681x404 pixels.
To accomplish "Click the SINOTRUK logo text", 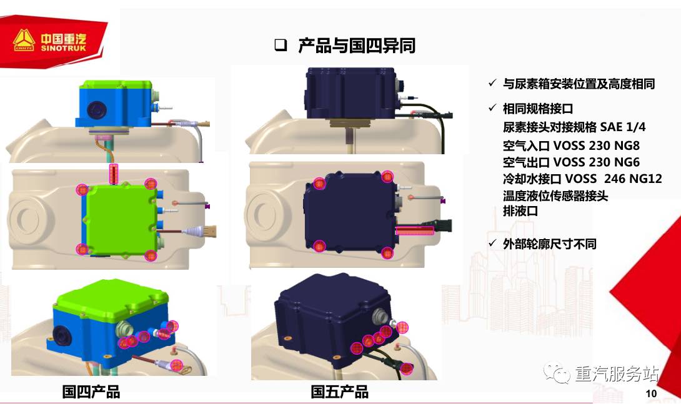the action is click(63, 48).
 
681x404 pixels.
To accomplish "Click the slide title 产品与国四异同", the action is click(357, 46).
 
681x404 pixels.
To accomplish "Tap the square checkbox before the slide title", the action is click(281, 45).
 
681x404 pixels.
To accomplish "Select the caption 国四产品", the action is click(91, 392).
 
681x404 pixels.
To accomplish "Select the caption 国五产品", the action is click(340, 392).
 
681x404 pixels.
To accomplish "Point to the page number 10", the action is click(651, 393).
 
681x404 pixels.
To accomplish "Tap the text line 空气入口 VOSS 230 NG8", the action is click(571, 145).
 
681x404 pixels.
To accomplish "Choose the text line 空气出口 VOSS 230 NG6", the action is click(571, 162).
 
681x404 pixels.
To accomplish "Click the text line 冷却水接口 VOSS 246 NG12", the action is click(582, 179).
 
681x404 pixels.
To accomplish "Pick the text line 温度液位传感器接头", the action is click(555, 195).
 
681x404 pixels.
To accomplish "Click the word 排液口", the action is click(520, 211).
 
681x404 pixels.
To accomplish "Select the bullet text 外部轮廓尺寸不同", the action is click(549, 244).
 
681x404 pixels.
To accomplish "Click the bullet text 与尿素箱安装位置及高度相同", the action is click(579, 84).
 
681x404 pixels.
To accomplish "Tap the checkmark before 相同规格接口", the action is click(492, 108).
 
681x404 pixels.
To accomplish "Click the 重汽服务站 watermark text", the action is click(617, 374).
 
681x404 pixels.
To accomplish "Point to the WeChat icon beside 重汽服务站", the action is click(557, 373).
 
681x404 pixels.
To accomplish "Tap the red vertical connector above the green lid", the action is click(114, 174).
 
